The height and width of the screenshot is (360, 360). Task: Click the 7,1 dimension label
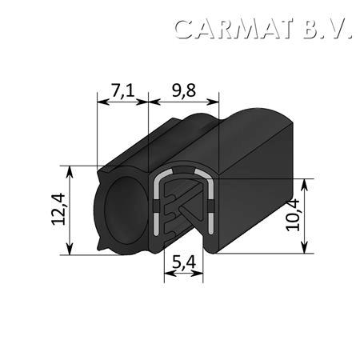click(122, 90)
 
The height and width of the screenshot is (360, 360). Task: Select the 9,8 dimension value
click(184, 90)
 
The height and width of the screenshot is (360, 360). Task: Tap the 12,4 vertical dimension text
click(58, 209)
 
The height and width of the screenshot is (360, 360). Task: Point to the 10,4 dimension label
click(293, 215)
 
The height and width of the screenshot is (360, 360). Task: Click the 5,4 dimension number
click(184, 262)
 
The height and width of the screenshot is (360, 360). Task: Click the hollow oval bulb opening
click(126, 210)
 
